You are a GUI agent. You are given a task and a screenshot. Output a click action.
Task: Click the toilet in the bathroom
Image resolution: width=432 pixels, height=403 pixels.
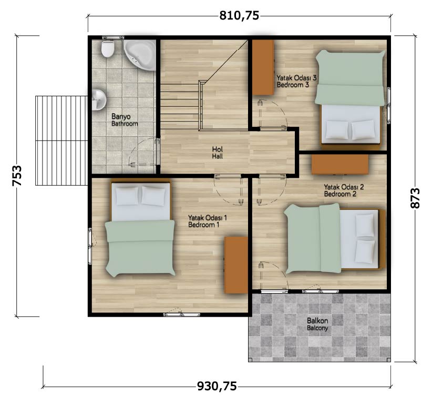pos(108,49)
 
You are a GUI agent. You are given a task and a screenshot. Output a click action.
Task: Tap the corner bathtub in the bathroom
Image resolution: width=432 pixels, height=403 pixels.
pos(140,55)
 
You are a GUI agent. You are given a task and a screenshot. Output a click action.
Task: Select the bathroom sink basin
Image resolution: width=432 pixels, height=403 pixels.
pos(98,99)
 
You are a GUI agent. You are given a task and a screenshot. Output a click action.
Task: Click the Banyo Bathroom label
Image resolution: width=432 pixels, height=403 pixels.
pos(125,120)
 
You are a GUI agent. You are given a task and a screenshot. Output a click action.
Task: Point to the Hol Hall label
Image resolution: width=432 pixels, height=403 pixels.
pos(218,153)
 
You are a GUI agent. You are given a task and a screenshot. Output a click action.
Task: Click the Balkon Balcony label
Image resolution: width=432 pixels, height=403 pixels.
pos(317,325)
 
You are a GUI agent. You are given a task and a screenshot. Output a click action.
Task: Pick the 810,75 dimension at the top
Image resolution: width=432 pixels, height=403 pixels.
pos(239,16)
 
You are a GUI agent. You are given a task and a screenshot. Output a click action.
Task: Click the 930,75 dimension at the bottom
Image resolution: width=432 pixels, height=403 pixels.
pos(217,386)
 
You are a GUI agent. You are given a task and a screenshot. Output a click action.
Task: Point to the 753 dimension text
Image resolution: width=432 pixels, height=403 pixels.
pos(17,176)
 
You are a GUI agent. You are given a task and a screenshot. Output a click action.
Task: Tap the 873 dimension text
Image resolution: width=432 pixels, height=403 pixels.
pos(415,198)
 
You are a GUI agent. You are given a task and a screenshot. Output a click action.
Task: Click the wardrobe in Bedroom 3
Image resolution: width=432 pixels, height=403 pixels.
pos(263,67)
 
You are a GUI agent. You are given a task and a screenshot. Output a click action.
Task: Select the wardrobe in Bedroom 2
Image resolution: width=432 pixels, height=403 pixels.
pos(340,164)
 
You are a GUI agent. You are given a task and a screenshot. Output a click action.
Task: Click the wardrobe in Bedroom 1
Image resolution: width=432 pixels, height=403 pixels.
pos(236,265)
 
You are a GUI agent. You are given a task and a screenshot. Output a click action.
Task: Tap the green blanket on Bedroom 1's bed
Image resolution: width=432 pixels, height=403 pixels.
pos(140,248)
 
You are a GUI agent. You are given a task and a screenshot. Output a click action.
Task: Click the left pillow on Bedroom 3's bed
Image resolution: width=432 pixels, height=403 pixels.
pos(337,129)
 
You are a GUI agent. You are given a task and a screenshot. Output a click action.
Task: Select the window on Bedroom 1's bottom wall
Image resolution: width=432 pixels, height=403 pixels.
pos(182,314)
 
